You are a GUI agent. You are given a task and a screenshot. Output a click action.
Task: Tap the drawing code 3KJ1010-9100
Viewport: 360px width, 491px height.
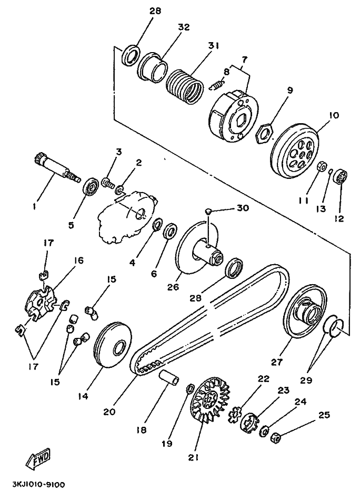39,485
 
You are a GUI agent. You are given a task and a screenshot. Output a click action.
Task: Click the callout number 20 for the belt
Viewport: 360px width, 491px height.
109,411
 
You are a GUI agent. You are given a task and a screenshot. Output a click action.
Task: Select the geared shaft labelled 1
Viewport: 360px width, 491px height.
57,169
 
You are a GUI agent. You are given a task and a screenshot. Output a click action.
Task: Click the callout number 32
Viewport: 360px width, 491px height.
184,27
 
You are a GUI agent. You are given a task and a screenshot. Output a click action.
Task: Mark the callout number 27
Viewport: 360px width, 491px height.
277,362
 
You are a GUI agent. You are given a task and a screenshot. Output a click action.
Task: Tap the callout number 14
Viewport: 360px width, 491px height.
83,396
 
